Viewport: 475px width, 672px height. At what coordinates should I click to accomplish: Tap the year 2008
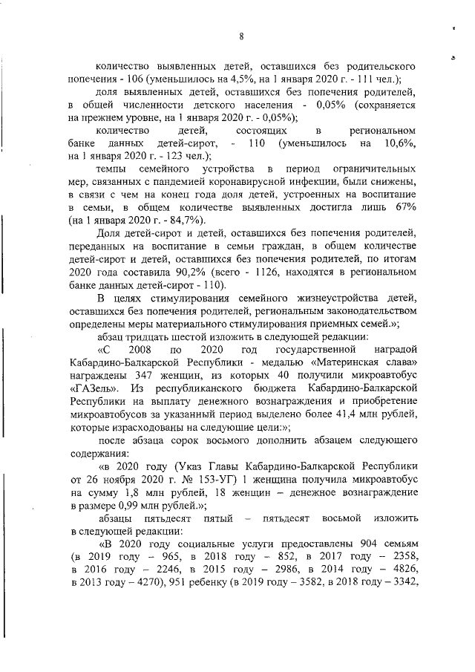(x=139, y=350)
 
